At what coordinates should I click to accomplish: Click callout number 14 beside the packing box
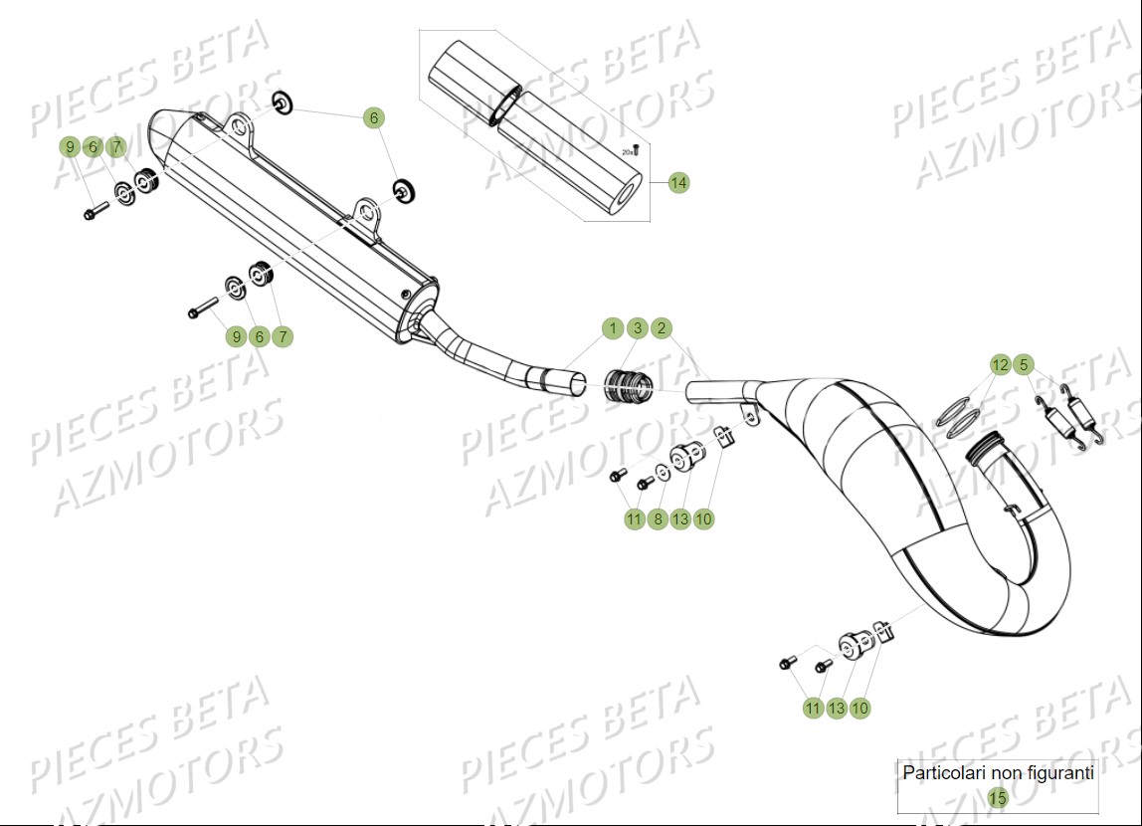678,183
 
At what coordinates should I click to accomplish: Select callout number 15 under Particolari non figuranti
998,797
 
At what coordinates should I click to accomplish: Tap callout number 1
614,328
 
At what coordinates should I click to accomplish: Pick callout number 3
638,328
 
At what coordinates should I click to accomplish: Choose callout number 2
662,328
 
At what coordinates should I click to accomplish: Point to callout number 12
1001,365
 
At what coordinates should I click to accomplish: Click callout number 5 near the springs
1025,365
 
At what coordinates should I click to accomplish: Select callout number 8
657,518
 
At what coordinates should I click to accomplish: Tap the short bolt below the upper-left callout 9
95,212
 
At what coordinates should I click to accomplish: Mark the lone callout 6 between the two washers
374,117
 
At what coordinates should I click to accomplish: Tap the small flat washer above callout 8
663,473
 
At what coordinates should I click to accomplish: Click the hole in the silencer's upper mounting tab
237,125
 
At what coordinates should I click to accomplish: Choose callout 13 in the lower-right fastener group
837,708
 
